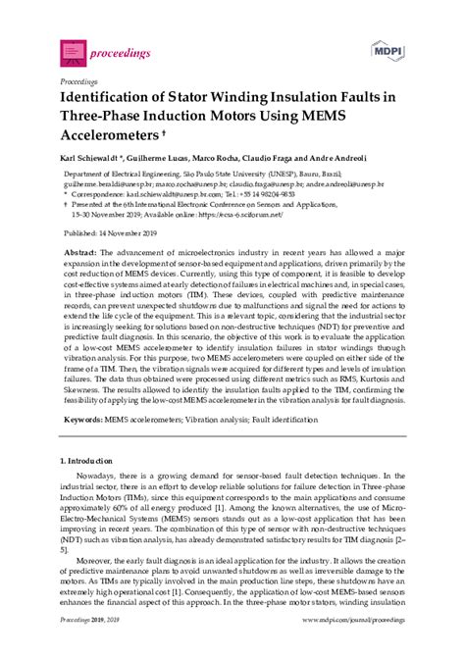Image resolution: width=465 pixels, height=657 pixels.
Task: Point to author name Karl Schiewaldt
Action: point(96,160)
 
